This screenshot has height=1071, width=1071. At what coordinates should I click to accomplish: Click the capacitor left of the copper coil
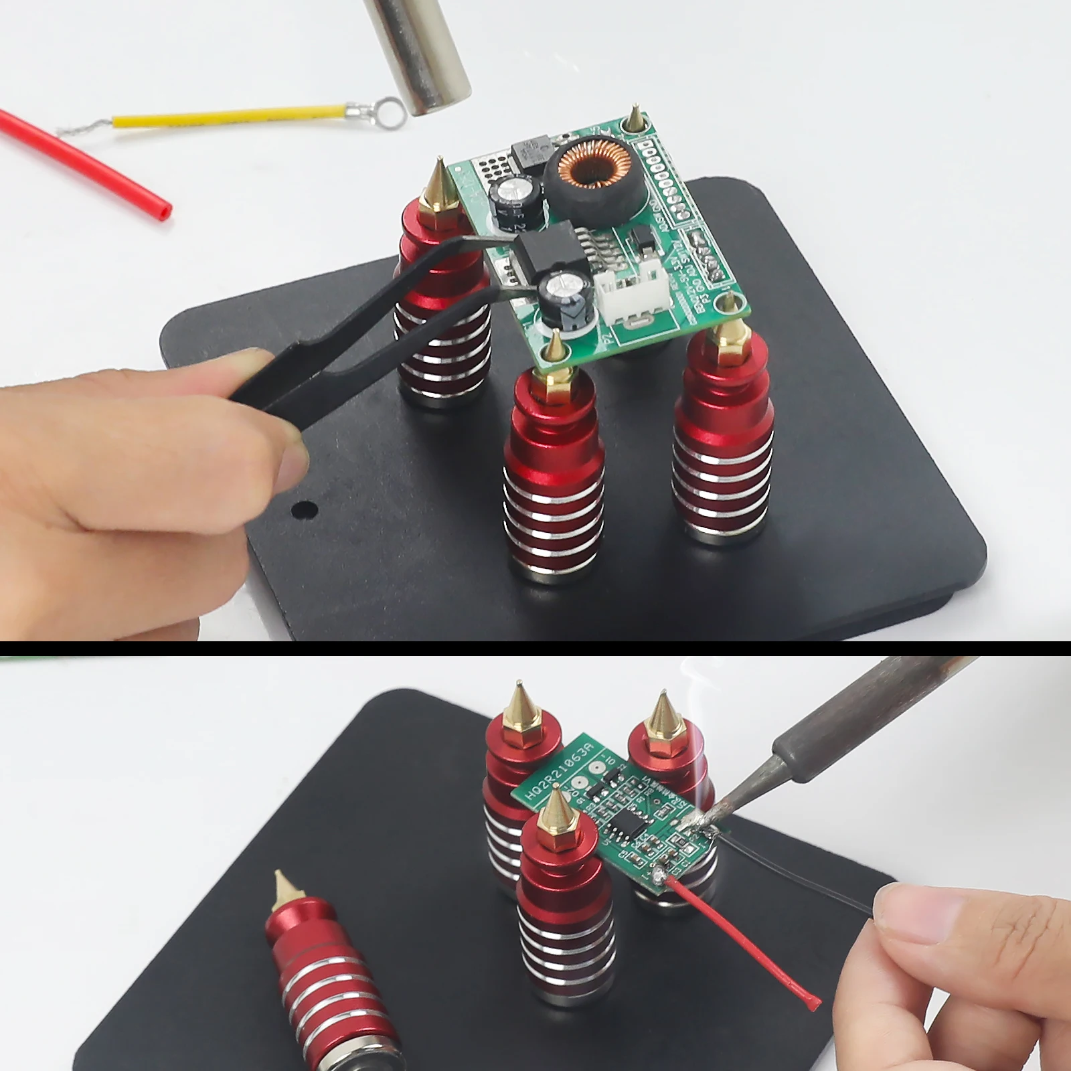pos(514,199)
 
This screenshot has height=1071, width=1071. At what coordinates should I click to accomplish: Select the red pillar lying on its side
pos(328,971)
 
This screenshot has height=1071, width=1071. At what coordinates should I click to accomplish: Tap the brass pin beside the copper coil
pos(634,119)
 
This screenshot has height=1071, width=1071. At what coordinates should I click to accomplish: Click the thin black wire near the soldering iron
pos(803,870)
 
